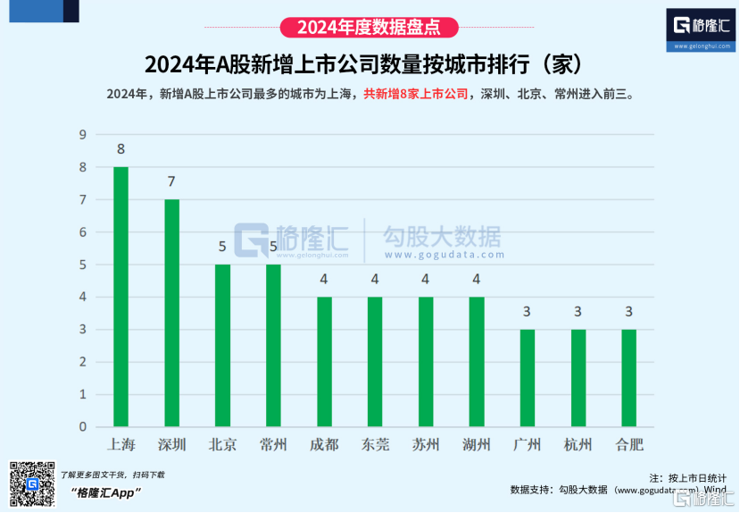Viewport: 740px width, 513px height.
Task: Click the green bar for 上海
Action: (121, 297)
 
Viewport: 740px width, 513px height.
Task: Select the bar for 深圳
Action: (171, 313)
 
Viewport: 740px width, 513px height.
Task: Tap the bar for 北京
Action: (222, 345)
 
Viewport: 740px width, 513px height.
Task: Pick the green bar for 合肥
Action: (628, 378)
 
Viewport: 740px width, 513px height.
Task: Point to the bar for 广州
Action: (527, 378)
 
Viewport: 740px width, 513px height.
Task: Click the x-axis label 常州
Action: (273, 444)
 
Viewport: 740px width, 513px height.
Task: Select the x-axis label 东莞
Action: (375, 444)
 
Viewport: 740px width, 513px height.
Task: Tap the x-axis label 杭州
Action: (578, 444)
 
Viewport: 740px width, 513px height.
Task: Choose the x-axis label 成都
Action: (324, 444)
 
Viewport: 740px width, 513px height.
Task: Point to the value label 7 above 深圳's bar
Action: (171, 181)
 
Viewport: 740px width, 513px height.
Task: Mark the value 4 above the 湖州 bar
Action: (477, 279)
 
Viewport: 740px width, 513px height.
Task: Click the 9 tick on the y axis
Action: (82, 135)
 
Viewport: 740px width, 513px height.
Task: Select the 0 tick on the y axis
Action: (82, 426)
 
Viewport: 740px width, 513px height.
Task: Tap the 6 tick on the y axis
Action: (82, 232)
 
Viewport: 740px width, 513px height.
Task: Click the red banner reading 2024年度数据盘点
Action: (370, 27)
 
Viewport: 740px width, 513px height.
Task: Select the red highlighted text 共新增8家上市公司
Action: (417, 93)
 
